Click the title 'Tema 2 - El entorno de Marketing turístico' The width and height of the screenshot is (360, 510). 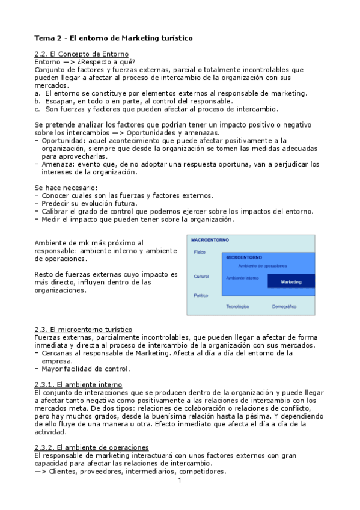[114, 38]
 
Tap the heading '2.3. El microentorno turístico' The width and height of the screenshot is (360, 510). [84, 330]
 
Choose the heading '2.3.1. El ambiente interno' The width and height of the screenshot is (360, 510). [79, 384]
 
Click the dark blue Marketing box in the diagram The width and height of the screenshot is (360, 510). [291, 281]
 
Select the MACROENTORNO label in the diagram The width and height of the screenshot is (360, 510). [210, 240]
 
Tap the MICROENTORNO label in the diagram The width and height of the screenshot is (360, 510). [245, 257]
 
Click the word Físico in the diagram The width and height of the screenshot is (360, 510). [200, 252]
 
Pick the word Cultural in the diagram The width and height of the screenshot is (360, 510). [201, 277]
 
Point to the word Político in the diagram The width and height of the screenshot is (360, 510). [201, 295]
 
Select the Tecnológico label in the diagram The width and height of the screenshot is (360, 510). [237, 307]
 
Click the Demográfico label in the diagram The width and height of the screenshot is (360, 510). [284, 307]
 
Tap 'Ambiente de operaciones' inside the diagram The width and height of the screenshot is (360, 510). [262, 266]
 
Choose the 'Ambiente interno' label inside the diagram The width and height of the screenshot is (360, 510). [242, 278]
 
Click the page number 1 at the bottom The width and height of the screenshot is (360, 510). [179, 481]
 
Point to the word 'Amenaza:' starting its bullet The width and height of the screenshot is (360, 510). [58, 164]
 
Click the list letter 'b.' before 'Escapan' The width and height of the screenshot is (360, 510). [38, 101]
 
